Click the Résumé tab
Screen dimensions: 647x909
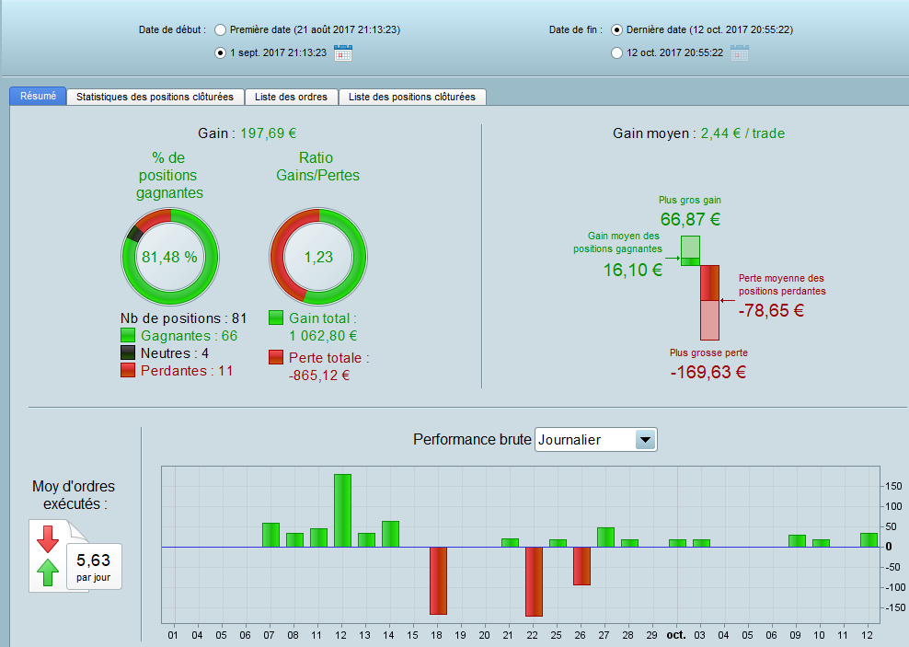click(x=38, y=96)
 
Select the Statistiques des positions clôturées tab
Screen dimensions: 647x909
click(x=155, y=97)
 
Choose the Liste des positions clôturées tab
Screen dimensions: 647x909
click(x=412, y=97)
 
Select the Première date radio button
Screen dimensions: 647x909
click(x=220, y=29)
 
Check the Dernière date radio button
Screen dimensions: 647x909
click(x=616, y=29)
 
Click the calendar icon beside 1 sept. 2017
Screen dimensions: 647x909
click(x=343, y=52)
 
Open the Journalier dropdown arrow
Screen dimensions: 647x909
click(x=646, y=440)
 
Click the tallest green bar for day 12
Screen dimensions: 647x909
click(x=342, y=511)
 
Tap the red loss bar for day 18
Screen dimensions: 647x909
click(x=438, y=581)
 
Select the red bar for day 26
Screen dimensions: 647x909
click(x=581, y=566)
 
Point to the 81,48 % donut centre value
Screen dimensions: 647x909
click(x=169, y=257)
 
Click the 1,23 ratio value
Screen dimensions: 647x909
click(x=318, y=257)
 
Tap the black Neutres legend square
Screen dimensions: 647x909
click(x=128, y=352)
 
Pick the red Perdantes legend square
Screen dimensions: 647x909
click(x=128, y=370)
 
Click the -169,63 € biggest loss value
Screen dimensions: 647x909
click(x=708, y=372)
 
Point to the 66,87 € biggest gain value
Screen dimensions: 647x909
click(x=690, y=219)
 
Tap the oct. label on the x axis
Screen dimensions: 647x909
click(x=676, y=634)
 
